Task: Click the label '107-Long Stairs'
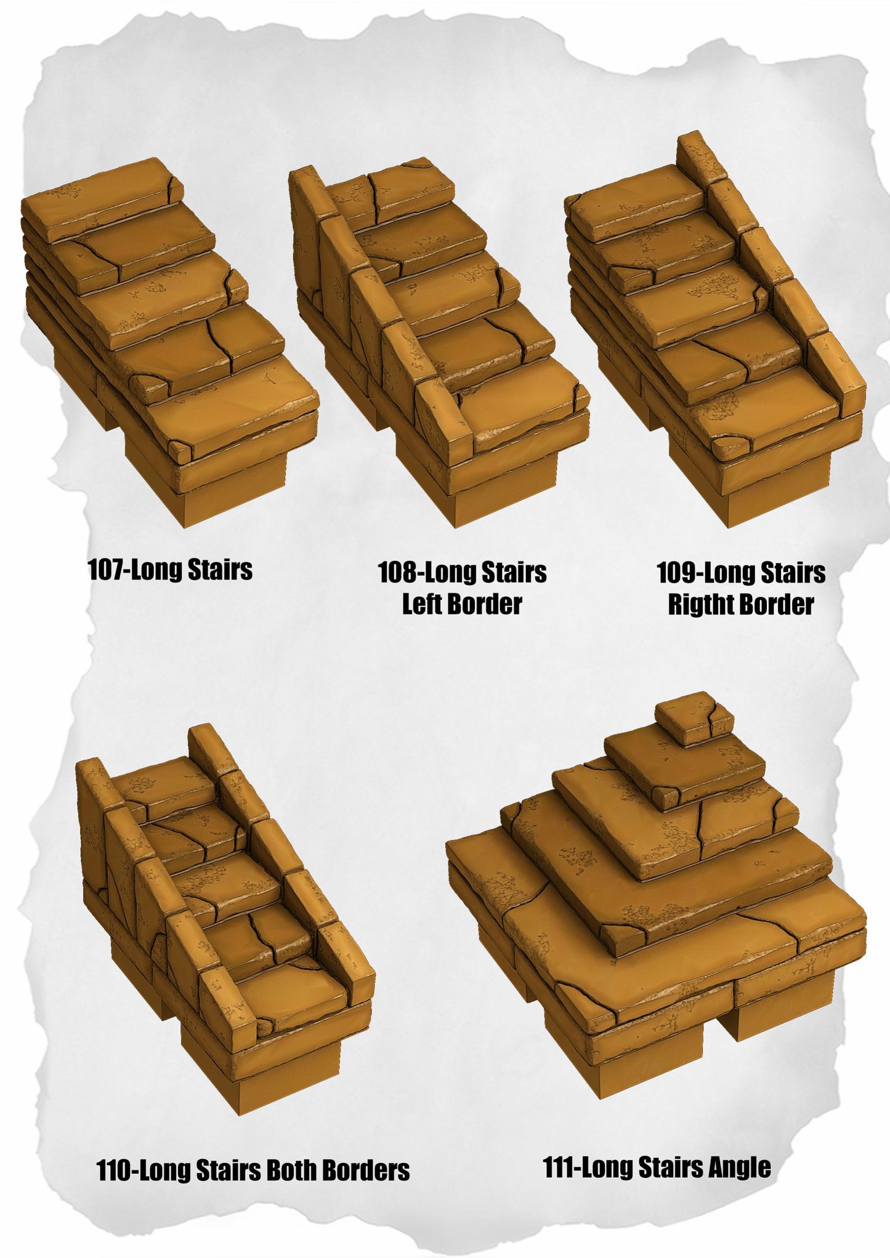171,570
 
